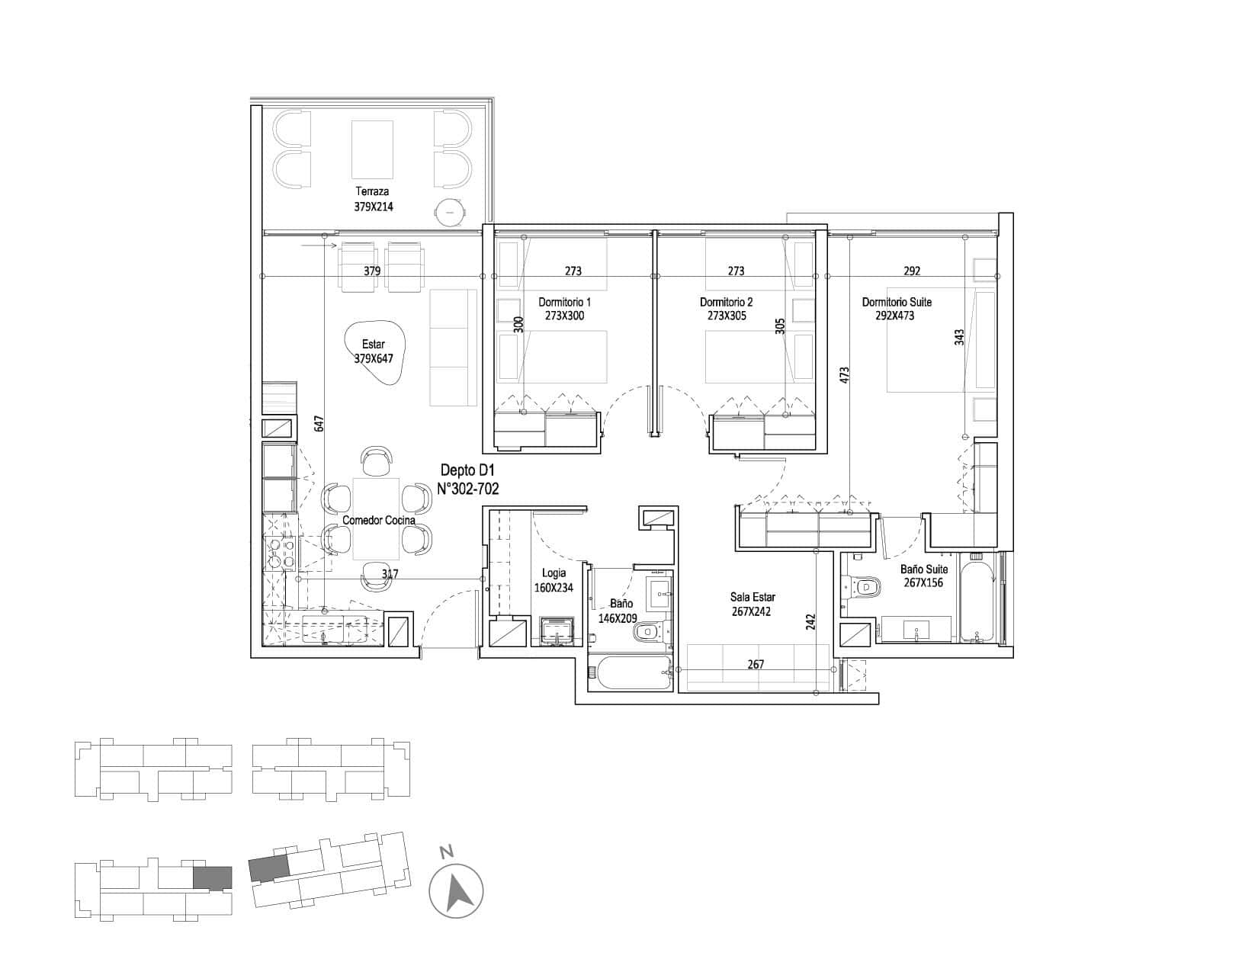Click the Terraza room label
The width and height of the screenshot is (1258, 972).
pyautogui.click(x=372, y=191)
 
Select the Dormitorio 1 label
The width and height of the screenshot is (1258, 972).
pyautogui.click(x=564, y=302)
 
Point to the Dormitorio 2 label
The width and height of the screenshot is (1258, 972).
pyautogui.click(x=726, y=302)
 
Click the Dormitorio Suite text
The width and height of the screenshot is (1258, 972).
pyautogui.click(x=897, y=302)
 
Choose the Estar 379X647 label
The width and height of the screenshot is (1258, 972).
pyautogui.click(x=374, y=351)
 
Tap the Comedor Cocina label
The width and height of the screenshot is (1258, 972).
pyautogui.click(x=379, y=520)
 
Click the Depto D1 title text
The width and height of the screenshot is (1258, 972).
pyautogui.click(x=468, y=470)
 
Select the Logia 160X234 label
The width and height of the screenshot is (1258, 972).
pyautogui.click(x=554, y=580)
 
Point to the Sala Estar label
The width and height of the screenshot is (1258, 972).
pyautogui.click(x=752, y=596)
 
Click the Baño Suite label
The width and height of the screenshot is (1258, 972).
pyautogui.click(x=923, y=569)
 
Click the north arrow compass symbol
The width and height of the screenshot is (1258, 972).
pyautogui.click(x=456, y=891)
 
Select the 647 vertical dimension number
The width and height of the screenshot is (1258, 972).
pyautogui.click(x=319, y=424)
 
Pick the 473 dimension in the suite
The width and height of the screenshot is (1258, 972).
pyautogui.click(x=844, y=374)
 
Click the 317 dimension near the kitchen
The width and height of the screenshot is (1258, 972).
pyautogui.click(x=390, y=574)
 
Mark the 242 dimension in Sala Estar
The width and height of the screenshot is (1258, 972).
pyautogui.click(x=810, y=622)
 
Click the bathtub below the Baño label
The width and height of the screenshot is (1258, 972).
pyautogui.click(x=630, y=672)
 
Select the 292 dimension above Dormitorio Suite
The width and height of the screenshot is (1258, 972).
pyautogui.click(x=912, y=271)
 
